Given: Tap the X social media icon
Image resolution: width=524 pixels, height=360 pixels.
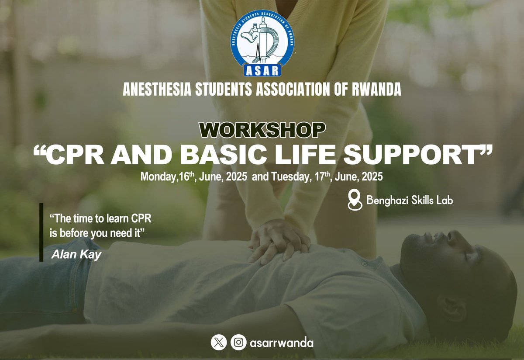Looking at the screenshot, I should [218, 342].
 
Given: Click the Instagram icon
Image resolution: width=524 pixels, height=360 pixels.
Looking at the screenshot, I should [238, 342].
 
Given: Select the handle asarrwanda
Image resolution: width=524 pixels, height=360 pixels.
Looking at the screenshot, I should [280, 343].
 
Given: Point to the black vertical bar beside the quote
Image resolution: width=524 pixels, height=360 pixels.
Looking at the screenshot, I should [41, 232].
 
